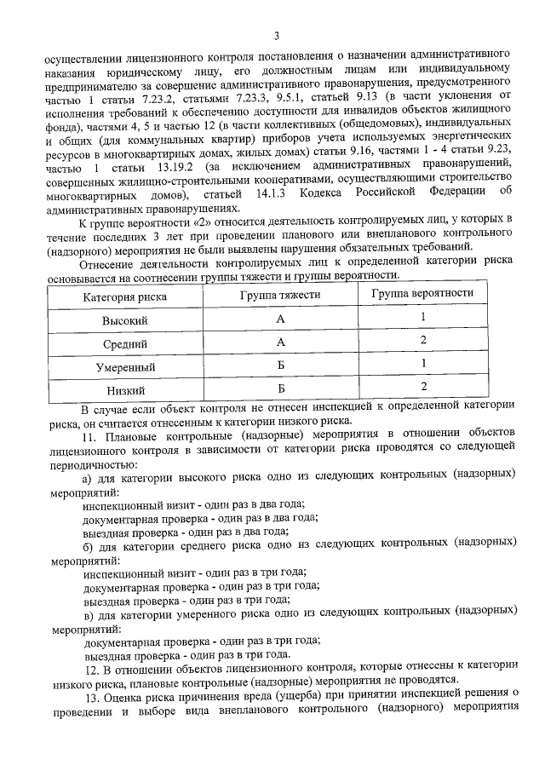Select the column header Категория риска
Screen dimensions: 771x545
coord(124,296)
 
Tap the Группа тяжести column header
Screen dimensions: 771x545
coord(280,295)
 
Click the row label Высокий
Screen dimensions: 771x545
coord(124,320)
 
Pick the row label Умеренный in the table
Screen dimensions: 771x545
coord(124,368)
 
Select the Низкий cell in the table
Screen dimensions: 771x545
coord(124,391)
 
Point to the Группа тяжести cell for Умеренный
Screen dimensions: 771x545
coord(280,366)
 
